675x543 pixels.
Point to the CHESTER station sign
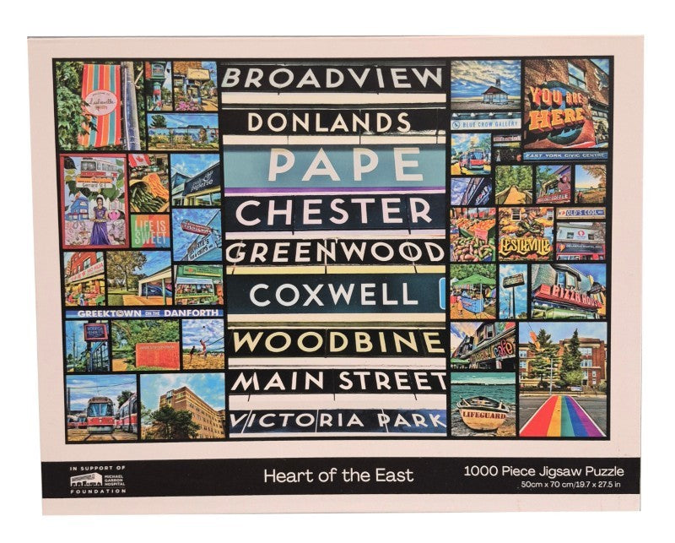click(334, 210)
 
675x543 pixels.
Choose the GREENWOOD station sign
click(334, 252)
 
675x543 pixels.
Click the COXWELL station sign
click(334, 294)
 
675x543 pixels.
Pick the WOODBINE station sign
click(337, 342)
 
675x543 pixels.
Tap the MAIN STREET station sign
click(337, 382)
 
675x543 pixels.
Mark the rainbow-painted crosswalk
click(561, 416)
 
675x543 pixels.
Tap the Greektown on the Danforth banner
click(142, 312)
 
